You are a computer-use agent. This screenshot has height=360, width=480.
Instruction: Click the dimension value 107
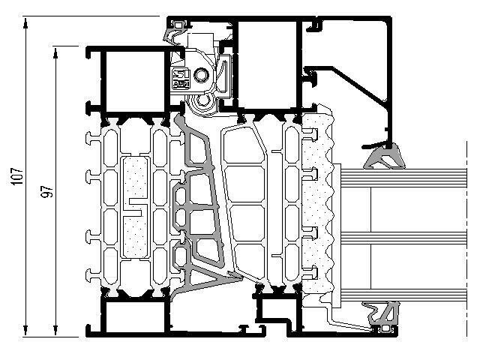pos(17,176)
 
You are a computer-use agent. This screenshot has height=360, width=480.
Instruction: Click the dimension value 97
pos(47,191)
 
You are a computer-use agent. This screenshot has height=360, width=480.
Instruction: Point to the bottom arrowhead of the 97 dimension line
pos(55,330)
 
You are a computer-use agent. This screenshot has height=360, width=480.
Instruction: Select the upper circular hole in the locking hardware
pos(202,75)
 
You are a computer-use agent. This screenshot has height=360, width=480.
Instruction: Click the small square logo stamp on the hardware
pos(181,79)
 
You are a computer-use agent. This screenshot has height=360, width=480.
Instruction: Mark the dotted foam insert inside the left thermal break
pos(135,208)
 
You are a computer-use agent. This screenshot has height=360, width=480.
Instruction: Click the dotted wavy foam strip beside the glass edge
pos(318,203)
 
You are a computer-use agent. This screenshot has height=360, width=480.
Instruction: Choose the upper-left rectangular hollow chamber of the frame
pos(135,81)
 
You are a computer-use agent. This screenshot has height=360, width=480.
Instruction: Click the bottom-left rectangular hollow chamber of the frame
pos(135,317)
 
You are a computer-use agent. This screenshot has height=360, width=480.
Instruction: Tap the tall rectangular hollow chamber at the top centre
pos(267,64)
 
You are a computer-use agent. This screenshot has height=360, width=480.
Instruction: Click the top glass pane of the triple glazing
pos(403,178)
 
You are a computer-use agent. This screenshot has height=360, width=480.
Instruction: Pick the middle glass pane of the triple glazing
pos(403,238)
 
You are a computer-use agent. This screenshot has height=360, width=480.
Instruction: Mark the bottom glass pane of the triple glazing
pos(403,295)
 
